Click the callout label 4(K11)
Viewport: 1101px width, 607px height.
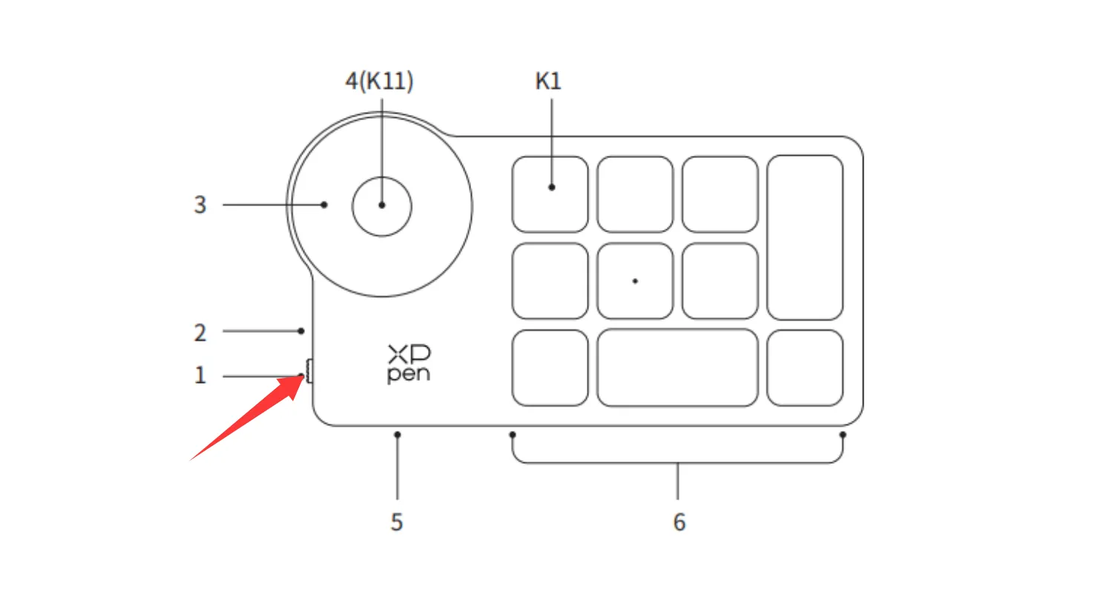(x=379, y=81)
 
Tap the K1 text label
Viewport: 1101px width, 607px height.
(x=548, y=81)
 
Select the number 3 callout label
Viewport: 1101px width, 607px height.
(x=200, y=205)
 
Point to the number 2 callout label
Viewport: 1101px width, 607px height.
(x=200, y=332)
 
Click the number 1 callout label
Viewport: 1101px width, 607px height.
(x=200, y=375)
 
